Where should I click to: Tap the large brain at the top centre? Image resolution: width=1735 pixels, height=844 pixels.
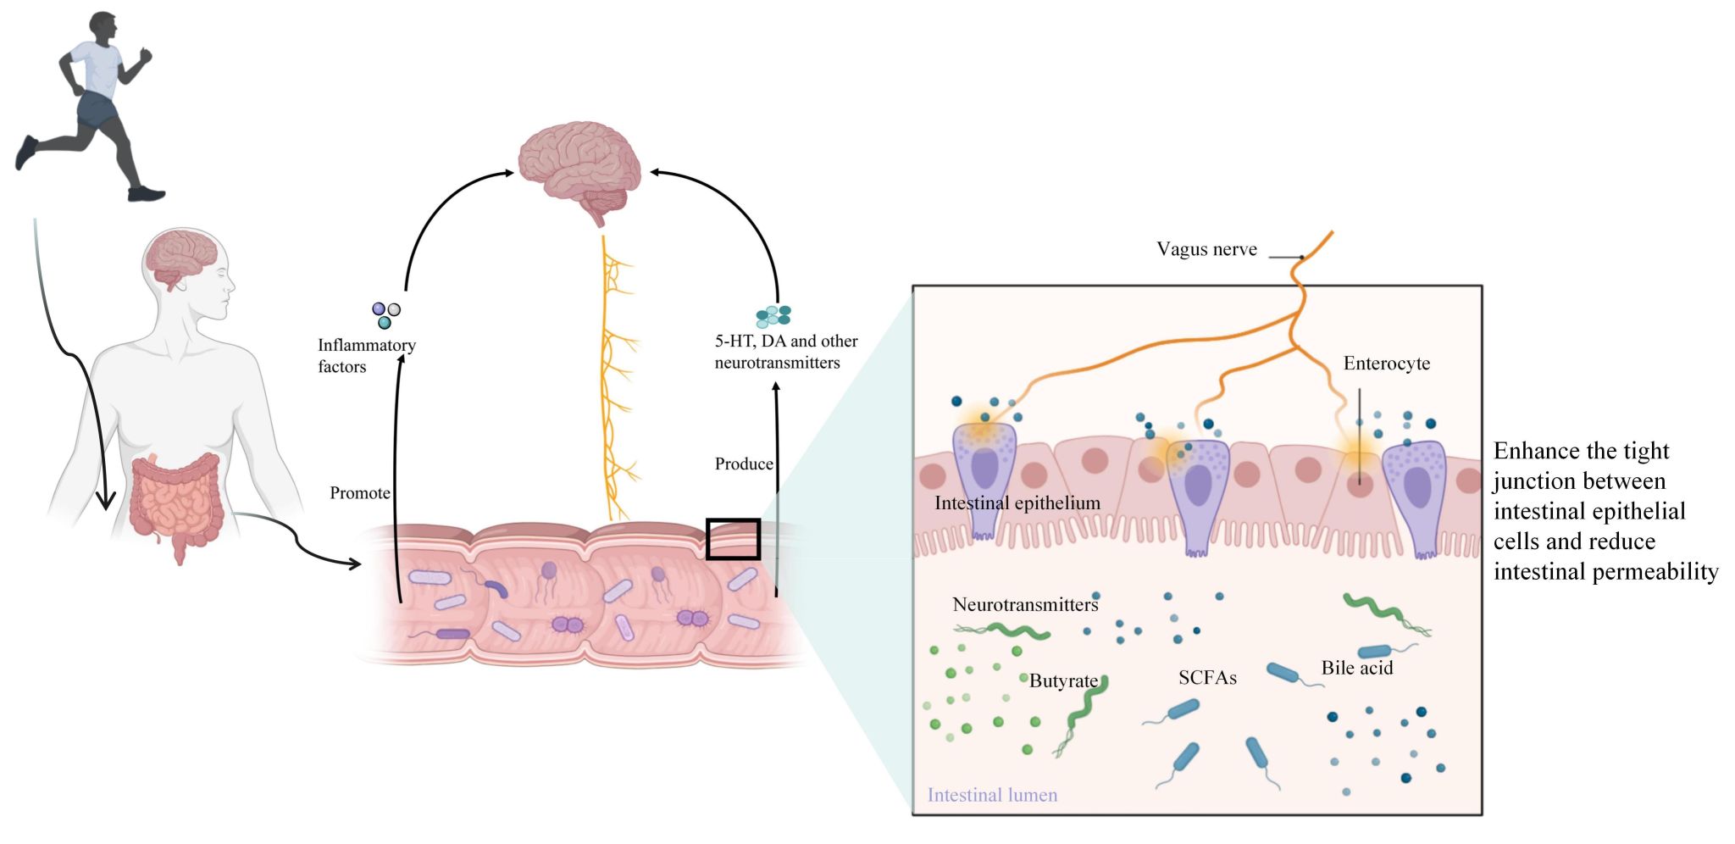[x=580, y=165]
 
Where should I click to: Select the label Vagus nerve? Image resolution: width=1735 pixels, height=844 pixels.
[x=1206, y=249]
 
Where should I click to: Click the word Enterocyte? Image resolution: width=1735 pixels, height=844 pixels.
[x=1386, y=364]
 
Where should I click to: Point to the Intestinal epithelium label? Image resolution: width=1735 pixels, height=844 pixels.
[x=1017, y=503]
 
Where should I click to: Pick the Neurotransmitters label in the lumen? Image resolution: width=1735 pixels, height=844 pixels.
[x=1025, y=605]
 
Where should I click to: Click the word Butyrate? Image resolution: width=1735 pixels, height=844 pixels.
[x=1063, y=680]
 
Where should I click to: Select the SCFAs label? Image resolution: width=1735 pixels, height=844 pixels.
[x=1207, y=678]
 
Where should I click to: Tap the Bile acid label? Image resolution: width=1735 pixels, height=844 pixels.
[x=1356, y=668]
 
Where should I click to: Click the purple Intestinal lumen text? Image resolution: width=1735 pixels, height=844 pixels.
[x=992, y=795]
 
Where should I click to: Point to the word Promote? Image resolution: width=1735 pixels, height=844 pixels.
[x=360, y=493]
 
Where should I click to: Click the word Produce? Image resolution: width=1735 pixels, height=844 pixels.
[x=744, y=464]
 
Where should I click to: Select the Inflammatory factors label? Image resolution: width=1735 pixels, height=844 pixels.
[x=366, y=356]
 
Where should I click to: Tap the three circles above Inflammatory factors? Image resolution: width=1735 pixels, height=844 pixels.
[x=385, y=314]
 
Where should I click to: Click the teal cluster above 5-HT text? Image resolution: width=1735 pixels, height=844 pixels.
[x=773, y=316]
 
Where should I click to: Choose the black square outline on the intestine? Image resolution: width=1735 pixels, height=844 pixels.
[x=733, y=539]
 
